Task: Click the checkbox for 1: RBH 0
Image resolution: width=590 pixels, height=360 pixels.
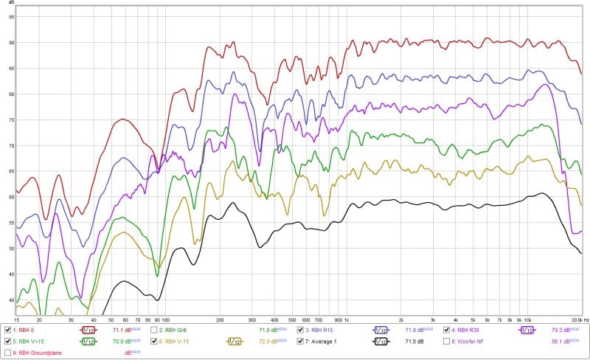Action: click(x=7, y=330)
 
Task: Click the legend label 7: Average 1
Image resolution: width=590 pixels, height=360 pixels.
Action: click(x=322, y=342)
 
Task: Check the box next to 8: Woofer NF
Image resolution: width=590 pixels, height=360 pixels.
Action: click(x=445, y=342)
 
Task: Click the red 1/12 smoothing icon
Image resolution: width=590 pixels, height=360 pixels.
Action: click(x=88, y=330)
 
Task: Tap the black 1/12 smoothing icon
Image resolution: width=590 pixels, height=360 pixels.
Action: click(x=381, y=342)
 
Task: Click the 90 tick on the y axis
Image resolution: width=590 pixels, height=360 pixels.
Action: click(x=11, y=43)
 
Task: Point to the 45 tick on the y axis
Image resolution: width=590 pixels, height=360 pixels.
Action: click(x=11, y=274)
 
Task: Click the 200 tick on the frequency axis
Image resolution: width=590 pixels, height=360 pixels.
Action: click(x=220, y=320)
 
